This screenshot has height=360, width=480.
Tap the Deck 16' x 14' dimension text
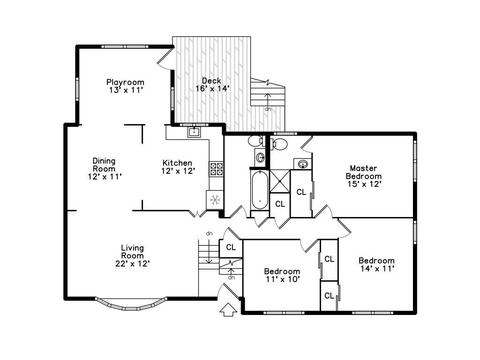212,89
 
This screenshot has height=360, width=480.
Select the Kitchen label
177,163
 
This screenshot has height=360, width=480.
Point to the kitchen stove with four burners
216,169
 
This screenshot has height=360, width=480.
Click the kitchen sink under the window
194,132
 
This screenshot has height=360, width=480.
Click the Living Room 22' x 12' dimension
132,264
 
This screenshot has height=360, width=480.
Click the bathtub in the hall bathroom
259,190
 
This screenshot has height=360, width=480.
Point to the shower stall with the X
279,181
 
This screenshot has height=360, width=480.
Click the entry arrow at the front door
228,309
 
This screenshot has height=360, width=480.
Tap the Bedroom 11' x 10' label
282,275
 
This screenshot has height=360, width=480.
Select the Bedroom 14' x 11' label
377,264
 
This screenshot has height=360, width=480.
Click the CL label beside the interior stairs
231,247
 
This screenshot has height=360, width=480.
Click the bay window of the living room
130,304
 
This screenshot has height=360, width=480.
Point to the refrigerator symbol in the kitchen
215,200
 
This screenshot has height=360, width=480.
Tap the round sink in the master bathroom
303,164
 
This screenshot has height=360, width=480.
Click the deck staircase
268,93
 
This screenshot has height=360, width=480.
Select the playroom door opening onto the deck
166,57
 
